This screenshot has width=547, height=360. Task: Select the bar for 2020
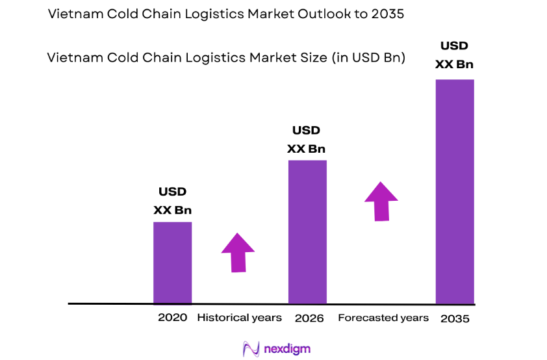[x=172, y=263]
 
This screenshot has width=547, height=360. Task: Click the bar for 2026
[x=307, y=232]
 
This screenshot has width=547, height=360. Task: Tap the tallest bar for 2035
[x=454, y=191]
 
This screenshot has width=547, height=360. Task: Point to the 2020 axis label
[x=172, y=318]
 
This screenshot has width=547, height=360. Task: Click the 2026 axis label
[x=309, y=318]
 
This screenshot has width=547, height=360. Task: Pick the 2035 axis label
[x=454, y=319]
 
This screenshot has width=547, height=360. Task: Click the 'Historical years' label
[x=239, y=318]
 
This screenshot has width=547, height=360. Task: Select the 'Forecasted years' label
[x=383, y=318]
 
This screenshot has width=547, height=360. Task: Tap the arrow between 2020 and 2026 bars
[x=238, y=251]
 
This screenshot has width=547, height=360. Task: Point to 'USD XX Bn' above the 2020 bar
[x=172, y=201]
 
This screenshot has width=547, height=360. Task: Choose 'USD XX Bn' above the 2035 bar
[x=454, y=55]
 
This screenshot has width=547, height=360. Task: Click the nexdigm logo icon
[x=250, y=349]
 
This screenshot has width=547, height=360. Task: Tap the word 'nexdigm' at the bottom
[x=287, y=349]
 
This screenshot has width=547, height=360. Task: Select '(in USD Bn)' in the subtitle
[x=369, y=58]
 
